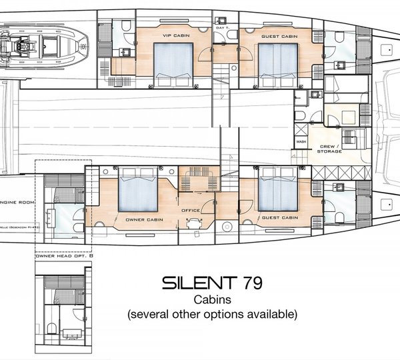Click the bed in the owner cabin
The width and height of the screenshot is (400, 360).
point(138,190)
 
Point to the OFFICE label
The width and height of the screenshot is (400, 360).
point(191,211)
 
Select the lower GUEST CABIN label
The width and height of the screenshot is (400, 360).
point(280,217)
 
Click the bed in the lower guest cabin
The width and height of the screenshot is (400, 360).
point(277,190)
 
